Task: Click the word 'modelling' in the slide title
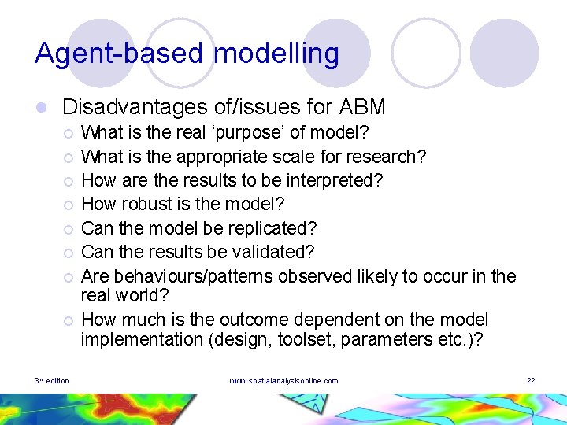276,54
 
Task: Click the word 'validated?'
272,252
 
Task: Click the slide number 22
531,381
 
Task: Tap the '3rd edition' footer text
52,381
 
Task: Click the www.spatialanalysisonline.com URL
283,381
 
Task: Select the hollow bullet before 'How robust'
69,205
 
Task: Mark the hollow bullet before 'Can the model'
69,229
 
